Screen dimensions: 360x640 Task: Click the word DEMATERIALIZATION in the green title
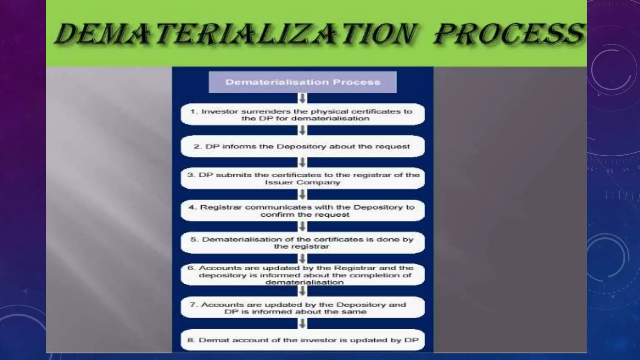coord(236,34)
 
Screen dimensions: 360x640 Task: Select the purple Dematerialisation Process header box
coord(302,82)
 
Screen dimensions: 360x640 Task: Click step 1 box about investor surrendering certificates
coord(302,115)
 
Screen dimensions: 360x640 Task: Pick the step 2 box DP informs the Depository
coord(302,147)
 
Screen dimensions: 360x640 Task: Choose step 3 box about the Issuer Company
coord(302,178)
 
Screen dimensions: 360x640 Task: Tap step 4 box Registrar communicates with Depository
coord(302,211)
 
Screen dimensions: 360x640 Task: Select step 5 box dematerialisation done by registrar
coord(302,243)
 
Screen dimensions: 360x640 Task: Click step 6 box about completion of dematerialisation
coord(302,275)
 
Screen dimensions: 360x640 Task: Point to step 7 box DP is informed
coord(302,308)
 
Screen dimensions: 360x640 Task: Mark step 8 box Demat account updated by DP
coord(302,340)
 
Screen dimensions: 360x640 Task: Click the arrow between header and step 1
coord(302,98)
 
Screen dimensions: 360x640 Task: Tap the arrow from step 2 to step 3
coord(302,162)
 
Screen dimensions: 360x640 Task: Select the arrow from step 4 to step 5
coord(302,227)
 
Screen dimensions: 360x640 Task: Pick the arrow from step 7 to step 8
coord(302,323)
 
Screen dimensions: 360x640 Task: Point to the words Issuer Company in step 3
coord(302,182)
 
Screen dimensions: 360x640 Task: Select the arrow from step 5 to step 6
coord(302,259)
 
